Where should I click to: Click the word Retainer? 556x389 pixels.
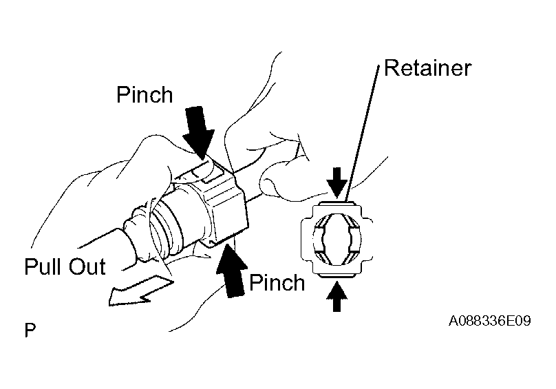coord(427,67)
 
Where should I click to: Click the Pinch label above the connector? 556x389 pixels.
coord(145,95)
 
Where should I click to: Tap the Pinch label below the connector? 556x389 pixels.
coord(277,282)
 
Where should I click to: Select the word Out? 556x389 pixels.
coord(87,266)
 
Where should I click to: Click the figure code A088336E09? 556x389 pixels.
coord(490,321)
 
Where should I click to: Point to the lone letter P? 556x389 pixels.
coord(30,330)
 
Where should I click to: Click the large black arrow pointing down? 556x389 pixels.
coord(199,133)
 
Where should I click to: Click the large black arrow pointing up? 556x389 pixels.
coord(232,271)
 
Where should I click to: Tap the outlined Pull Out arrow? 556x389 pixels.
coord(140,291)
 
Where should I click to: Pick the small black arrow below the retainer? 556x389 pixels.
coord(337,296)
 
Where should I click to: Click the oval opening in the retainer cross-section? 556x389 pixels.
coord(337,240)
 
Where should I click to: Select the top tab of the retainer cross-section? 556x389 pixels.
coord(337,204)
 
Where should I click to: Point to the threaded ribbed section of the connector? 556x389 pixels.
coord(167,227)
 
